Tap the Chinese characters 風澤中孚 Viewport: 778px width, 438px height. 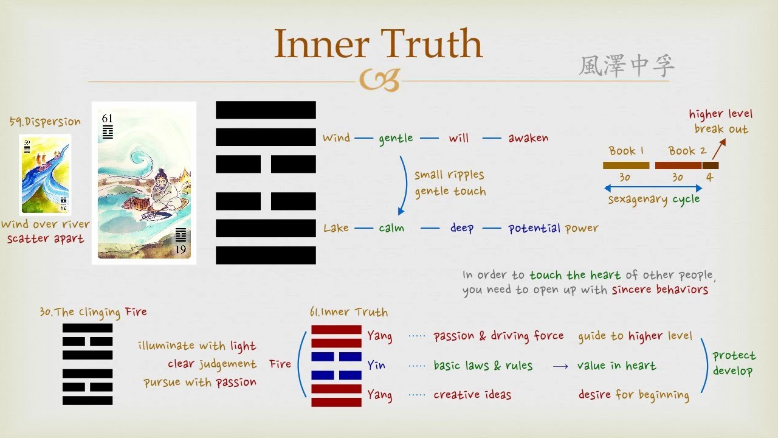626,66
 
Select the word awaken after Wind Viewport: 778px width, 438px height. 528,138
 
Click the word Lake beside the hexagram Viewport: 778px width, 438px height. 336,228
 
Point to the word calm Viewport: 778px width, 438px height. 391,228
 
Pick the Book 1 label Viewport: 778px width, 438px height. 626,151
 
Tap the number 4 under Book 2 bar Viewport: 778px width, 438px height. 709,178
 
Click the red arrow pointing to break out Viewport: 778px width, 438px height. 718,148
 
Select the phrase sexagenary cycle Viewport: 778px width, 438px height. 653,200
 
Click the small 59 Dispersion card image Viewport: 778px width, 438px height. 45,174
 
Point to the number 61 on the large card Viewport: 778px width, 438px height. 108,119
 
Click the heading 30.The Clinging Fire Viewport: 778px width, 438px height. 93,313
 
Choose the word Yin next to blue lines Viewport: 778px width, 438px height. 376,366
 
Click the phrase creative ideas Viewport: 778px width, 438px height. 472,395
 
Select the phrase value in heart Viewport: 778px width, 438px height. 616,366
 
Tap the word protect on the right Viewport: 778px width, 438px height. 734,356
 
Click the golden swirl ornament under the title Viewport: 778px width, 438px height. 379,80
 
